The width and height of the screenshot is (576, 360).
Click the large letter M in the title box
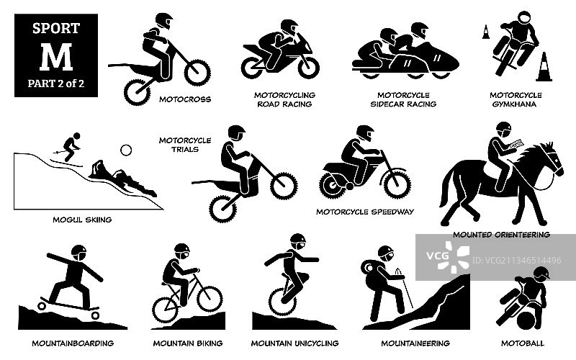[x=56, y=58]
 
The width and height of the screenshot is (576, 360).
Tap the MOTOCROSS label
[x=185, y=99]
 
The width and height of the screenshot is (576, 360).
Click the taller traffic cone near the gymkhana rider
[x=544, y=67]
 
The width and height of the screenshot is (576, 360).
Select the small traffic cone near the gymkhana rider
[x=485, y=32]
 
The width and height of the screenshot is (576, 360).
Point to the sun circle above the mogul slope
[x=126, y=150]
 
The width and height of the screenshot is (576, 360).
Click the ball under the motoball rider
[x=526, y=320]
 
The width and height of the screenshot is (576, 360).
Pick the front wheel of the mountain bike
[x=210, y=299]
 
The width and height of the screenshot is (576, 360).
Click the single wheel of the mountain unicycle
[x=282, y=302]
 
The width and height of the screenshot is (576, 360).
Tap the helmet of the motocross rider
[x=163, y=21]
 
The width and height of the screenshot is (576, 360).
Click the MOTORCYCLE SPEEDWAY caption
[x=365, y=212]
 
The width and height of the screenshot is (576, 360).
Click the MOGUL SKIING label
[x=82, y=220]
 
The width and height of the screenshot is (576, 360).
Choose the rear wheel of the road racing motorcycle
[x=252, y=68]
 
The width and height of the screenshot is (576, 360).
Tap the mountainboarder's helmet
[x=79, y=253]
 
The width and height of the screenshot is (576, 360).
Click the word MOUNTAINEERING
[x=415, y=343]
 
